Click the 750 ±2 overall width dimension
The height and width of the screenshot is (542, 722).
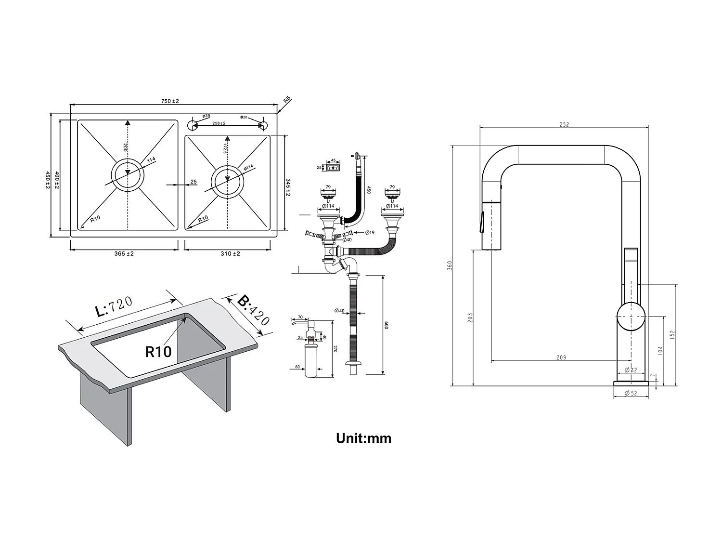170,101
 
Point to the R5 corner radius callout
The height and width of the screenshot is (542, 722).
287,100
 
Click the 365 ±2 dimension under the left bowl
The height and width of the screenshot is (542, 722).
124,254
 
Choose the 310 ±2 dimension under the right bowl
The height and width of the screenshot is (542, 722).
231,254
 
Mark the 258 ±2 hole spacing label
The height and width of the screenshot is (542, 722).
219,123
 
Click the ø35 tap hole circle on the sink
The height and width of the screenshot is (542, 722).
192,125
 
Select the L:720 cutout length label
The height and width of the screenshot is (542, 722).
114,307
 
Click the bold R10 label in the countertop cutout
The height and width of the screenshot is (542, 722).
158,352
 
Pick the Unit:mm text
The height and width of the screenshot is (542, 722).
363,438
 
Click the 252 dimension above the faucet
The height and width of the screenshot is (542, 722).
564,125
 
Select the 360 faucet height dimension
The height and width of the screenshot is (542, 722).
450,265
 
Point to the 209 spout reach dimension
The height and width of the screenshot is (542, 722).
561,357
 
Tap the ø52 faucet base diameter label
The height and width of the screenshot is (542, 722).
631,394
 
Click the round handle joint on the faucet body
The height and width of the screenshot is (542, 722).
631,317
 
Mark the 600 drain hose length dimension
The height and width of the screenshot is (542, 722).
386,325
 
